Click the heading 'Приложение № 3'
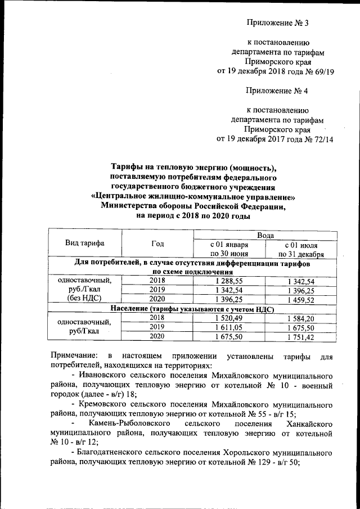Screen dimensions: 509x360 (x=278, y=23)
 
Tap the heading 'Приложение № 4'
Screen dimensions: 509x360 (x=277, y=91)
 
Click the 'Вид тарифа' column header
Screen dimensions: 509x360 (x=85, y=244)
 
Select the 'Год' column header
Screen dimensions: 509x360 (x=157, y=244)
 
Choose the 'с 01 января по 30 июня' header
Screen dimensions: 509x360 (x=229, y=249)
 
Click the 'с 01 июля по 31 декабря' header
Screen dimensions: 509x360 (x=304, y=249)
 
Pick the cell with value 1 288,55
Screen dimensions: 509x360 (x=229, y=280)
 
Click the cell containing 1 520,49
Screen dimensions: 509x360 (x=229, y=317)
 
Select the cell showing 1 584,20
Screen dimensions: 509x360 (x=304, y=317)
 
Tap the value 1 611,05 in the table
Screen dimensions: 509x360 (x=229, y=327)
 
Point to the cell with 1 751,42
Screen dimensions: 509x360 (x=304, y=336)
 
